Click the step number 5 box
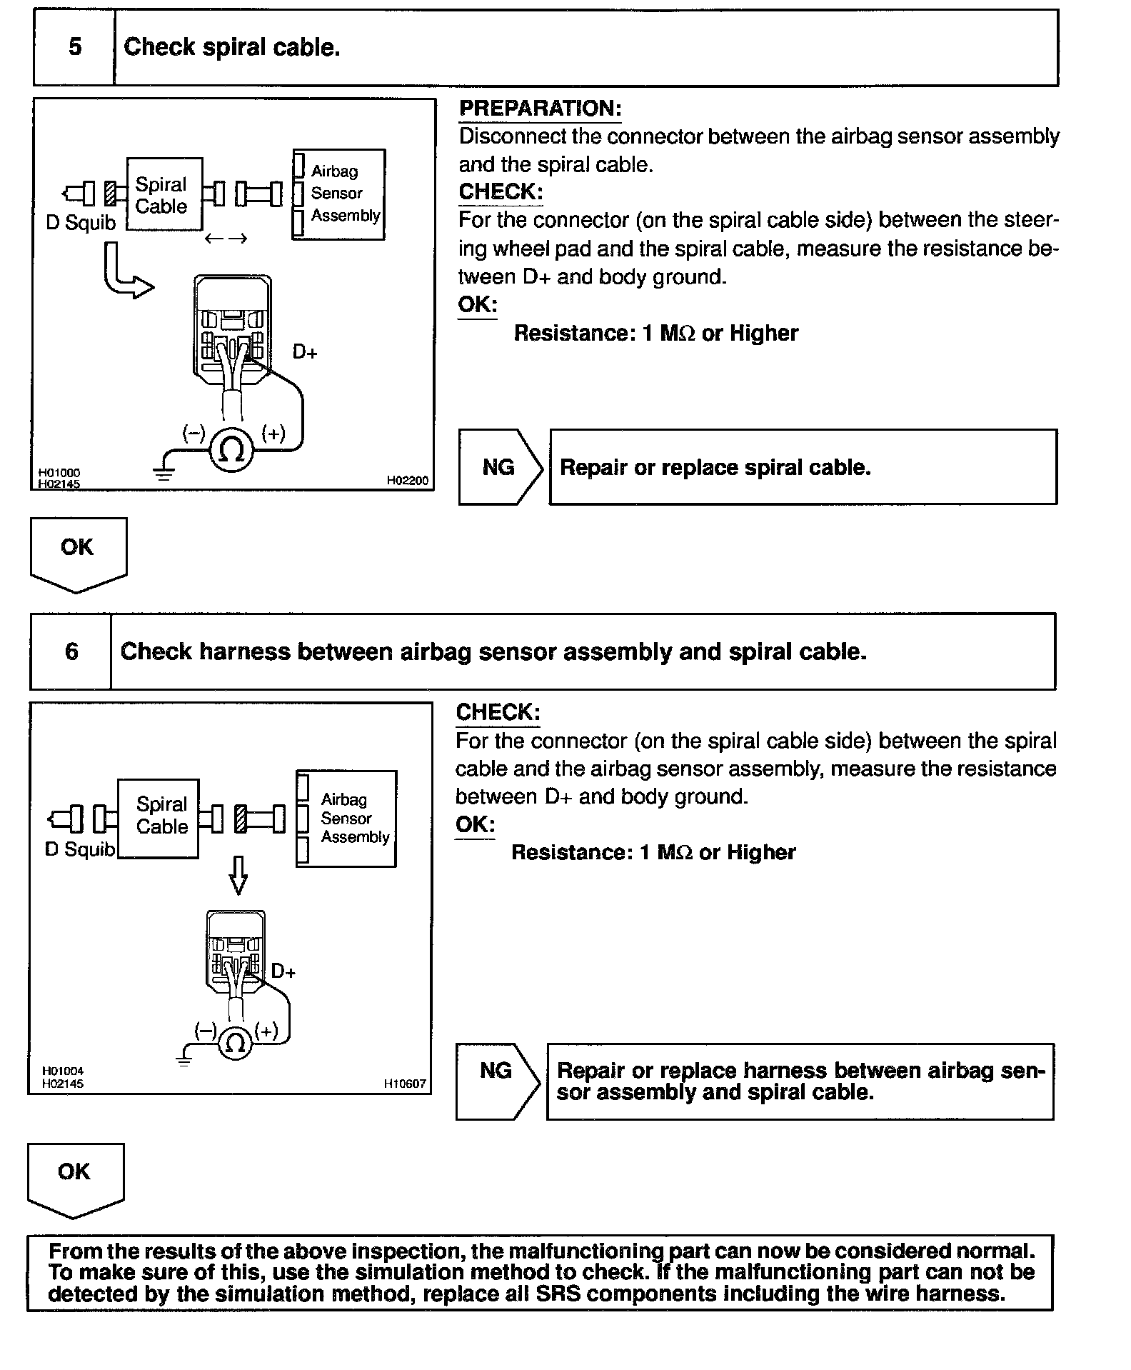tap(74, 48)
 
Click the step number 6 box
tap(71, 651)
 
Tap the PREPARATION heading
tap(540, 109)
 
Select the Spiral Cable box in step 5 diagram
tap(164, 195)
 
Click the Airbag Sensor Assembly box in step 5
tap(340, 194)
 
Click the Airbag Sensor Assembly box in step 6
tap(347, 819)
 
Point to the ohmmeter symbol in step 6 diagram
tap(235, 1044)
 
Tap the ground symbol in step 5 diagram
tap(164, 472)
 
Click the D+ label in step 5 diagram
tap(305, 352)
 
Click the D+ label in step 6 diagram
tap(283, 971)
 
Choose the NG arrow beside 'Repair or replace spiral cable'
tap(500, 467)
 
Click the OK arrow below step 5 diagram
tap(78, 553)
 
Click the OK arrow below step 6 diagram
tap(75, 1178)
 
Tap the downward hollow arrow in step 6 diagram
tap(238, 875)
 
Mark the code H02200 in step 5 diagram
tap(408, 481)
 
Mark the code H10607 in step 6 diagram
tap(405, 1084)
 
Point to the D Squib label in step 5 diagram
tap(81, 223)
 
